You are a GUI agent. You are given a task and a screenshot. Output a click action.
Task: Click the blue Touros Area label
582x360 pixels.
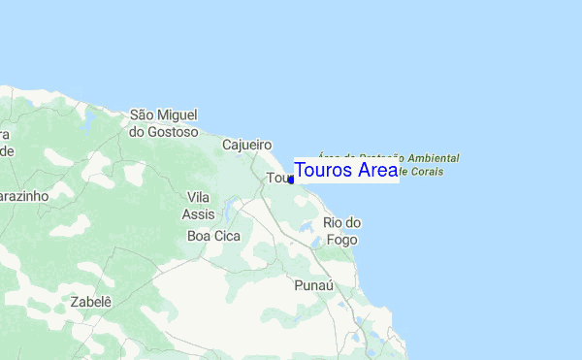coord(345,170)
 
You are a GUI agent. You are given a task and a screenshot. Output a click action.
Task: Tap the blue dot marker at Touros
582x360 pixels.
coord(291,180)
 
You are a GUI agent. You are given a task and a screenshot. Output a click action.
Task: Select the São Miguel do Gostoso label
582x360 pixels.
coord(163,123)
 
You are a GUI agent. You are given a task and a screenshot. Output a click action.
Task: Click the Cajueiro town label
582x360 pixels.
coord(246,145)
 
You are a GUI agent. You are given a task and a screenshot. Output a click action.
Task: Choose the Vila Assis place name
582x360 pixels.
coord(198,205)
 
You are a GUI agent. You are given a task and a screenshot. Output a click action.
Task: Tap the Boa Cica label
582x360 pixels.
coord(211,236)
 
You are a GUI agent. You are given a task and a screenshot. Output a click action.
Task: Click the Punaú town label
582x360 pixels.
coord(313,286)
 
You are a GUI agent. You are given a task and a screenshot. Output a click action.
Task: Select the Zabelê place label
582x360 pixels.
coord(91,302)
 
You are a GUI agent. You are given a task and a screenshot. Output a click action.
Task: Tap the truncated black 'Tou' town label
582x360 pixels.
coord(276,179)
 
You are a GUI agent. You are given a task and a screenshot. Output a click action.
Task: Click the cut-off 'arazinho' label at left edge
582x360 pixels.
coord(23,195)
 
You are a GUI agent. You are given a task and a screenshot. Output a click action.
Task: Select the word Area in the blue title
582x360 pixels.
coord(376,170)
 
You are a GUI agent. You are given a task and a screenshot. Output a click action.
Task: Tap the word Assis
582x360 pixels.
coord(198,213)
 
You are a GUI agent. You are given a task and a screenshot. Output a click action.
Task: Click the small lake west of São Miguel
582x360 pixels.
coord(87,122)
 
